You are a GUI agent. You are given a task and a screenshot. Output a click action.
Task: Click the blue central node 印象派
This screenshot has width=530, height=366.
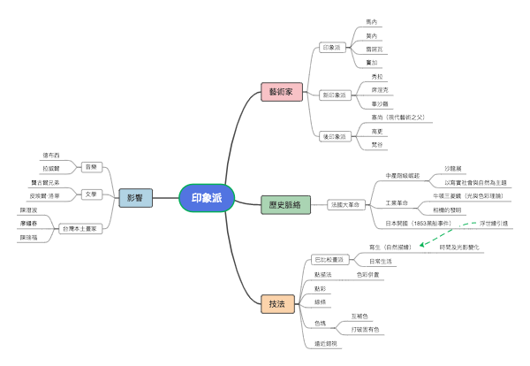point(207,198)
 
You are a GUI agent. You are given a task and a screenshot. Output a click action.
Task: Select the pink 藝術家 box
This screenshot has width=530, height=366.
point(287,91)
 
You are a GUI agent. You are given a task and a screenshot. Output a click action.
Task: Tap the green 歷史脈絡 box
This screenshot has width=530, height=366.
point(284,204)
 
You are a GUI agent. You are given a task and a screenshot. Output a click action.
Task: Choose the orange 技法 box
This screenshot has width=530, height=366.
point(276,304)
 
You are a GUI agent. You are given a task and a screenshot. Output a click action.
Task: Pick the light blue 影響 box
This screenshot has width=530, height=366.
point(135,198)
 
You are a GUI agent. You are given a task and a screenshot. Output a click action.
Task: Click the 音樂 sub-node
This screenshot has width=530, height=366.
point(90,166)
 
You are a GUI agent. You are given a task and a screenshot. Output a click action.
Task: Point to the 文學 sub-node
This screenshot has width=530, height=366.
point(90,194)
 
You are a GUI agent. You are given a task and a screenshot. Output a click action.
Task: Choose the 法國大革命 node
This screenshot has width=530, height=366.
point(344,204)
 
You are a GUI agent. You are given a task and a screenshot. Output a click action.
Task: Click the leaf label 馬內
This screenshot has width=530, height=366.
point(372,21)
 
